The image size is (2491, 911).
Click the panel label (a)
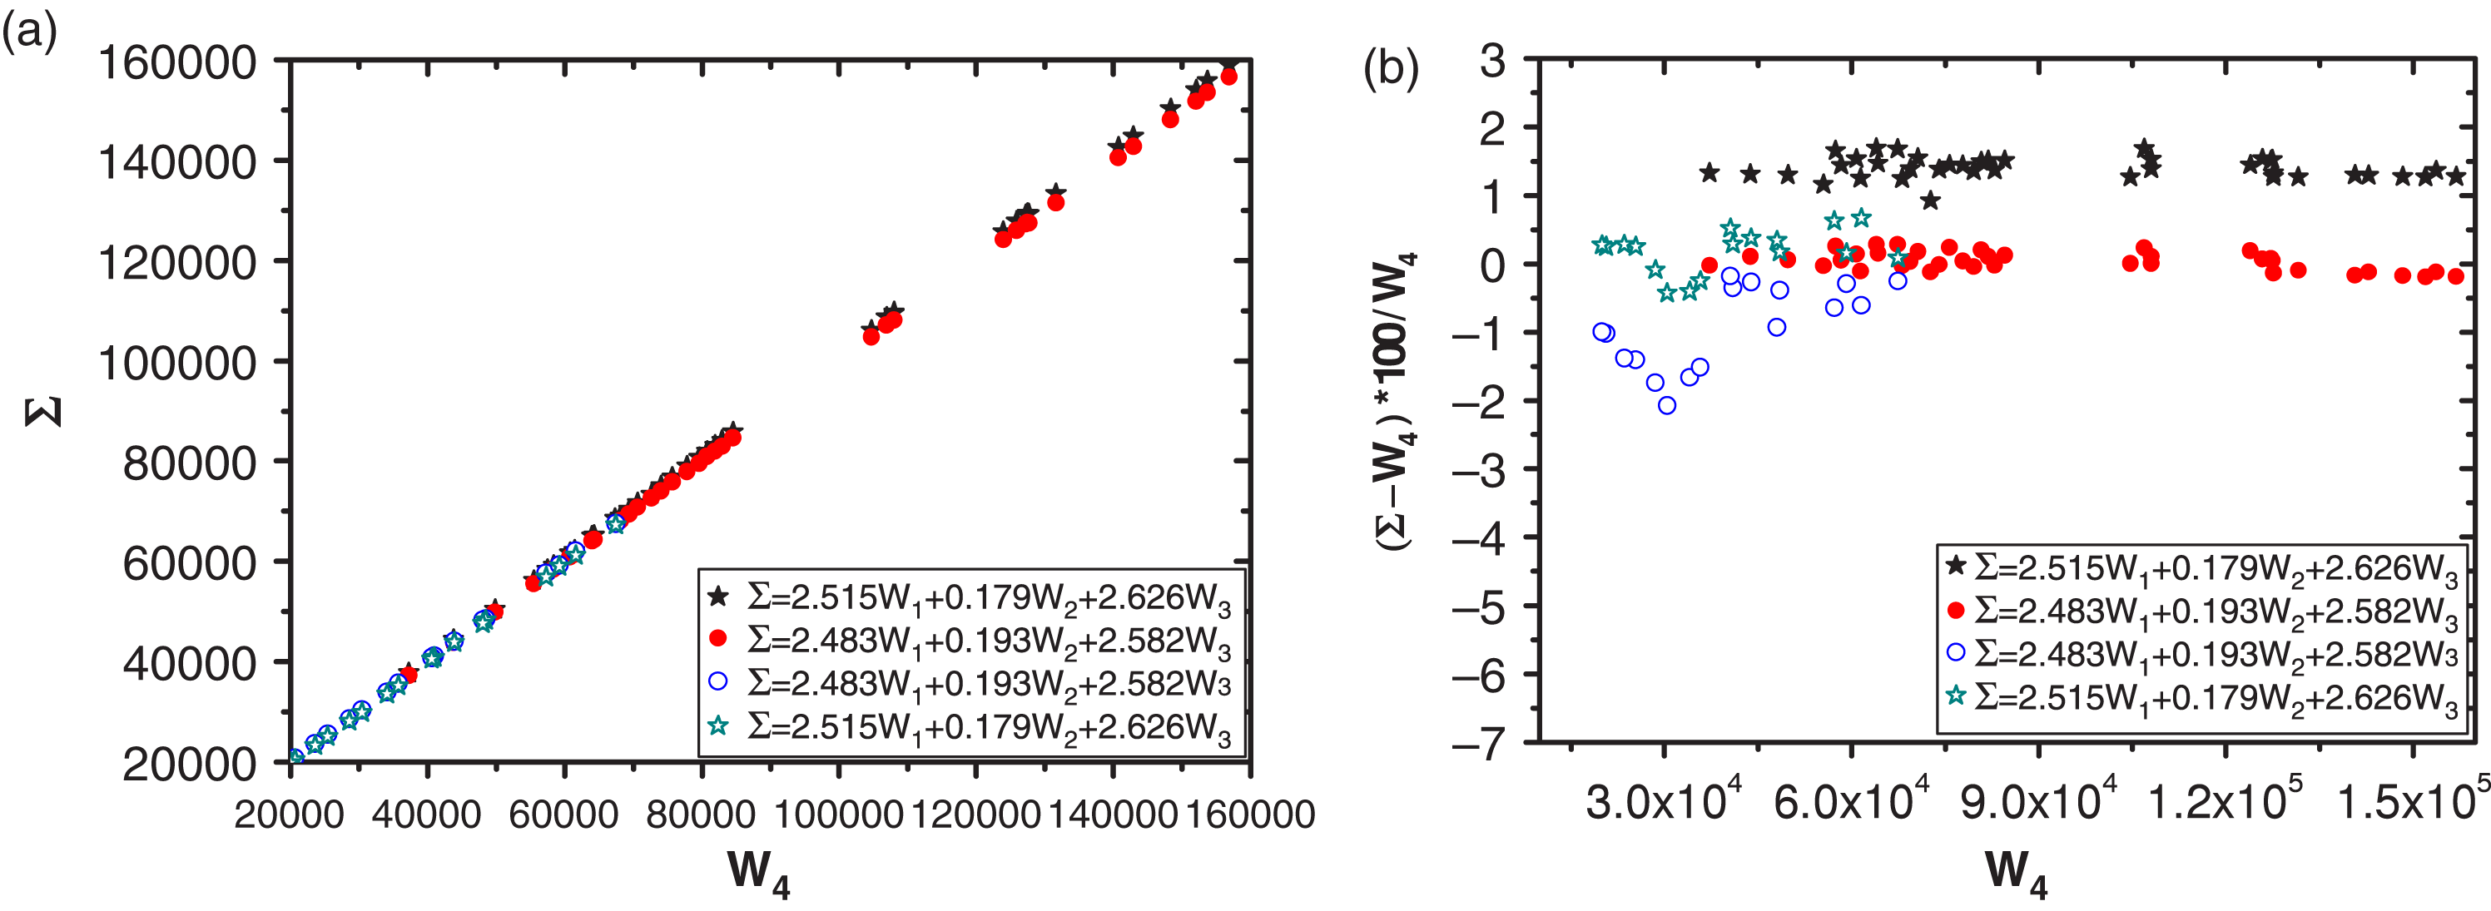[29, 35]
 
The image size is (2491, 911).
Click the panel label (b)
[1391, 70]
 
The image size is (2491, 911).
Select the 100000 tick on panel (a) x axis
[838, 814]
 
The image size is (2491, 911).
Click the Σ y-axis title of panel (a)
[43, 411]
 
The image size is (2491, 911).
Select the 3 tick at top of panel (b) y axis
[1493, 61]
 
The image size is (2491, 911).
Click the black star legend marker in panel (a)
[717, 597]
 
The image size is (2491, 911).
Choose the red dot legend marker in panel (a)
[717, 638]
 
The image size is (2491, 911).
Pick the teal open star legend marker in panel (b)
[1955, 696]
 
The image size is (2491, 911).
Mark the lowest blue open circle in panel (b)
[1667, 405]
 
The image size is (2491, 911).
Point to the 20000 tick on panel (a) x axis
[289, 814]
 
